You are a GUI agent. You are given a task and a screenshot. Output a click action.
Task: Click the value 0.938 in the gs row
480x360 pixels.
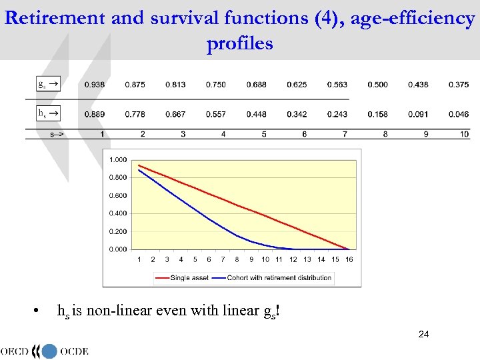click(94, 85)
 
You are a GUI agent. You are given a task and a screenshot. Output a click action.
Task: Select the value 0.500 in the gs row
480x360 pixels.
click(377, 85)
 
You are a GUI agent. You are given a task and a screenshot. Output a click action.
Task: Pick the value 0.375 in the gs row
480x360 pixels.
click(459, 85)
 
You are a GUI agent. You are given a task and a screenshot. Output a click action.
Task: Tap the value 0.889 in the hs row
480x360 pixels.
click(94, 115)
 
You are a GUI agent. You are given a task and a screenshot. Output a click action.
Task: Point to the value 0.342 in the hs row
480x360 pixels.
click(297, 115)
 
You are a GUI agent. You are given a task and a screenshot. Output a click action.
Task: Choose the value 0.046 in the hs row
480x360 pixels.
click(459, 115)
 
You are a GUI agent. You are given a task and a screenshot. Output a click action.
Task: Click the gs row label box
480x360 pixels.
click(48, 84)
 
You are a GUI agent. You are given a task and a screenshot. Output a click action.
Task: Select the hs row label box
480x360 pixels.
click(48, 113)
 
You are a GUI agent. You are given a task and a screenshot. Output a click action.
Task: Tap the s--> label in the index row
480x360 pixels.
click(57, 134)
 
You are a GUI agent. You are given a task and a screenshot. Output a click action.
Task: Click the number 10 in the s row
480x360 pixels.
click(464, 134)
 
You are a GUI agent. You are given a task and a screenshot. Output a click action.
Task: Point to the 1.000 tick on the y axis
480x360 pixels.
click(118, 159)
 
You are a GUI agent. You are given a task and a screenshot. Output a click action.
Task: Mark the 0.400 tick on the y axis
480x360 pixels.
click(118, 213)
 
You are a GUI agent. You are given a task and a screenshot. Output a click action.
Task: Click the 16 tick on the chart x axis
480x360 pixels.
click(349, 259)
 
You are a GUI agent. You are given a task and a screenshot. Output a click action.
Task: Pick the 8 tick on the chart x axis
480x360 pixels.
click(237, 259)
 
